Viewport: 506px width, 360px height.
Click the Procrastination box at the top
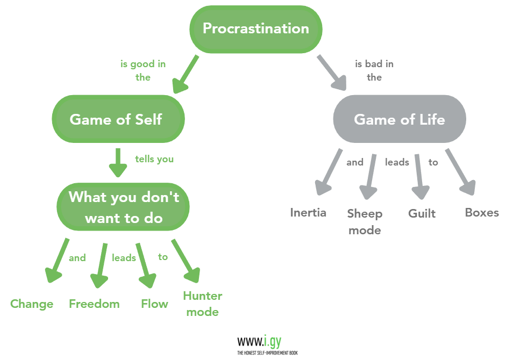tap(256, 29)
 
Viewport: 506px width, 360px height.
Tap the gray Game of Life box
tap(400, 119)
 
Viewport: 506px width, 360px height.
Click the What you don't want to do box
tap(124, 207)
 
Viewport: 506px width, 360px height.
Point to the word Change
tap(32, 304)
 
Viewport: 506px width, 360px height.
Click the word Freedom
tap(94, 304)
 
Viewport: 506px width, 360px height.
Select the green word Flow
tap(154, 304)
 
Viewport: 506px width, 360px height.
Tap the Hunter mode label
tap(202, 304)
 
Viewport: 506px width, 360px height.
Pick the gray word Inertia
tap(308, 212)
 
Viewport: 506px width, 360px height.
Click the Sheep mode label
tap(365, 222)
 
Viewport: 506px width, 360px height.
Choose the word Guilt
tap(422, 213)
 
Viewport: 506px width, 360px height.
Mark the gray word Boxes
tap(482, 212)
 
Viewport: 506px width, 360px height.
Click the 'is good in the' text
tap(143, 70)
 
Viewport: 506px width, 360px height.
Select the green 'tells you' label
tap(154, 159)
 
